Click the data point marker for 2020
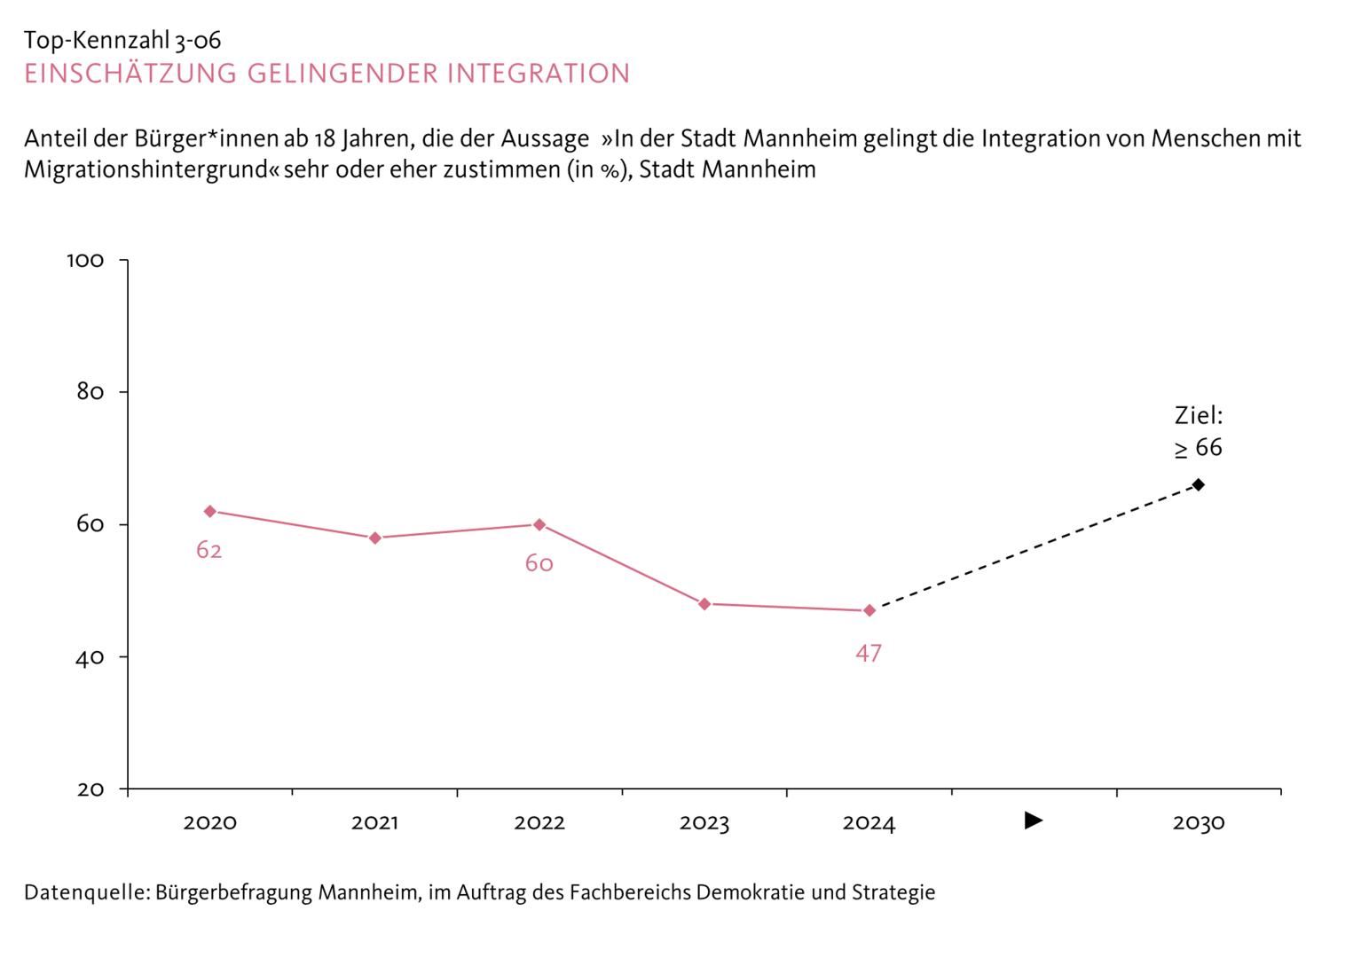pos(210,511)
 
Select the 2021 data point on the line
pos(375,538)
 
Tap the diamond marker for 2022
pos(539,524)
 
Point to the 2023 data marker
pos(704,604)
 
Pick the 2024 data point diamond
pos(869,610)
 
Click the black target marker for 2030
pos(1199,484)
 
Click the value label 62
pos(209,551)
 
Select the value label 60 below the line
pos(539,564)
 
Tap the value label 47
pos(869,654)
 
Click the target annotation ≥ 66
pos(1199,448)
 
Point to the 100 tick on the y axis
pos(85,261)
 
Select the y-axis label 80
pos(90,392)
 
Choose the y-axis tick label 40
pos(90,657)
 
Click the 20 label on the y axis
pos(90,789)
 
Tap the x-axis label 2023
pos(704,823)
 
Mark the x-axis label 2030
pos(1199,823)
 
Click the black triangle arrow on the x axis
pos(1034,821)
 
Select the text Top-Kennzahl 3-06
pos(122,40)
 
